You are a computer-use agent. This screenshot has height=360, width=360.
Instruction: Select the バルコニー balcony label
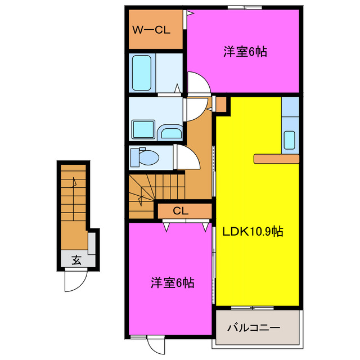pyautogui.click(x=254, y=327)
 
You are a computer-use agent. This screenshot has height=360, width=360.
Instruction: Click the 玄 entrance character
pyautogui.click(x=75, y=260)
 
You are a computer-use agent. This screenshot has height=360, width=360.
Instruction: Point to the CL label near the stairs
pyautogui.click(x=180, y=211)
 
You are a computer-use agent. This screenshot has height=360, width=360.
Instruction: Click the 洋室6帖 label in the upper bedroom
pyautogui.click(x=245, y=52)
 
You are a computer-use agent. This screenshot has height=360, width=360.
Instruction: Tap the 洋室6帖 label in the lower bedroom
pyautogui.click(x=172, y=282)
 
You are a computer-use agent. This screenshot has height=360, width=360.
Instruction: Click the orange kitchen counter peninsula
pyautogui.click(x=276, y=158)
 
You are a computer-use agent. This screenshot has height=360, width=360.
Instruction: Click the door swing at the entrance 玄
pyautogui.click(x=76, y=281)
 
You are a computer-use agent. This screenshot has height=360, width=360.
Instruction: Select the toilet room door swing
pyautogui.click(x=187, y=157)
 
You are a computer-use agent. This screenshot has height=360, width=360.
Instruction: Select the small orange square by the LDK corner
pyautogui.click(x=221, y=104)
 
